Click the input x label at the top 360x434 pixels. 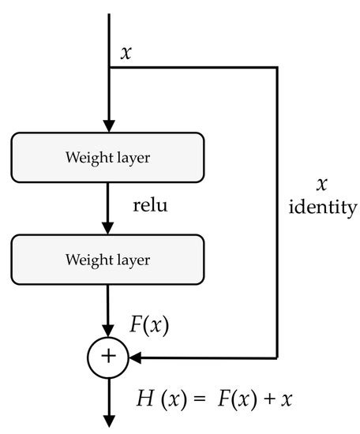[x=126, y=54]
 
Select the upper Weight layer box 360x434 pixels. [x=107, y=157]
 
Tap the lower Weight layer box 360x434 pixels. [x=107, y=258]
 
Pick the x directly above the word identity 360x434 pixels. [x=321, y=185]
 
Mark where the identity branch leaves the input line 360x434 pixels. [x=109, y=67]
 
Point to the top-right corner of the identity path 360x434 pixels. [x=277, y=67]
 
